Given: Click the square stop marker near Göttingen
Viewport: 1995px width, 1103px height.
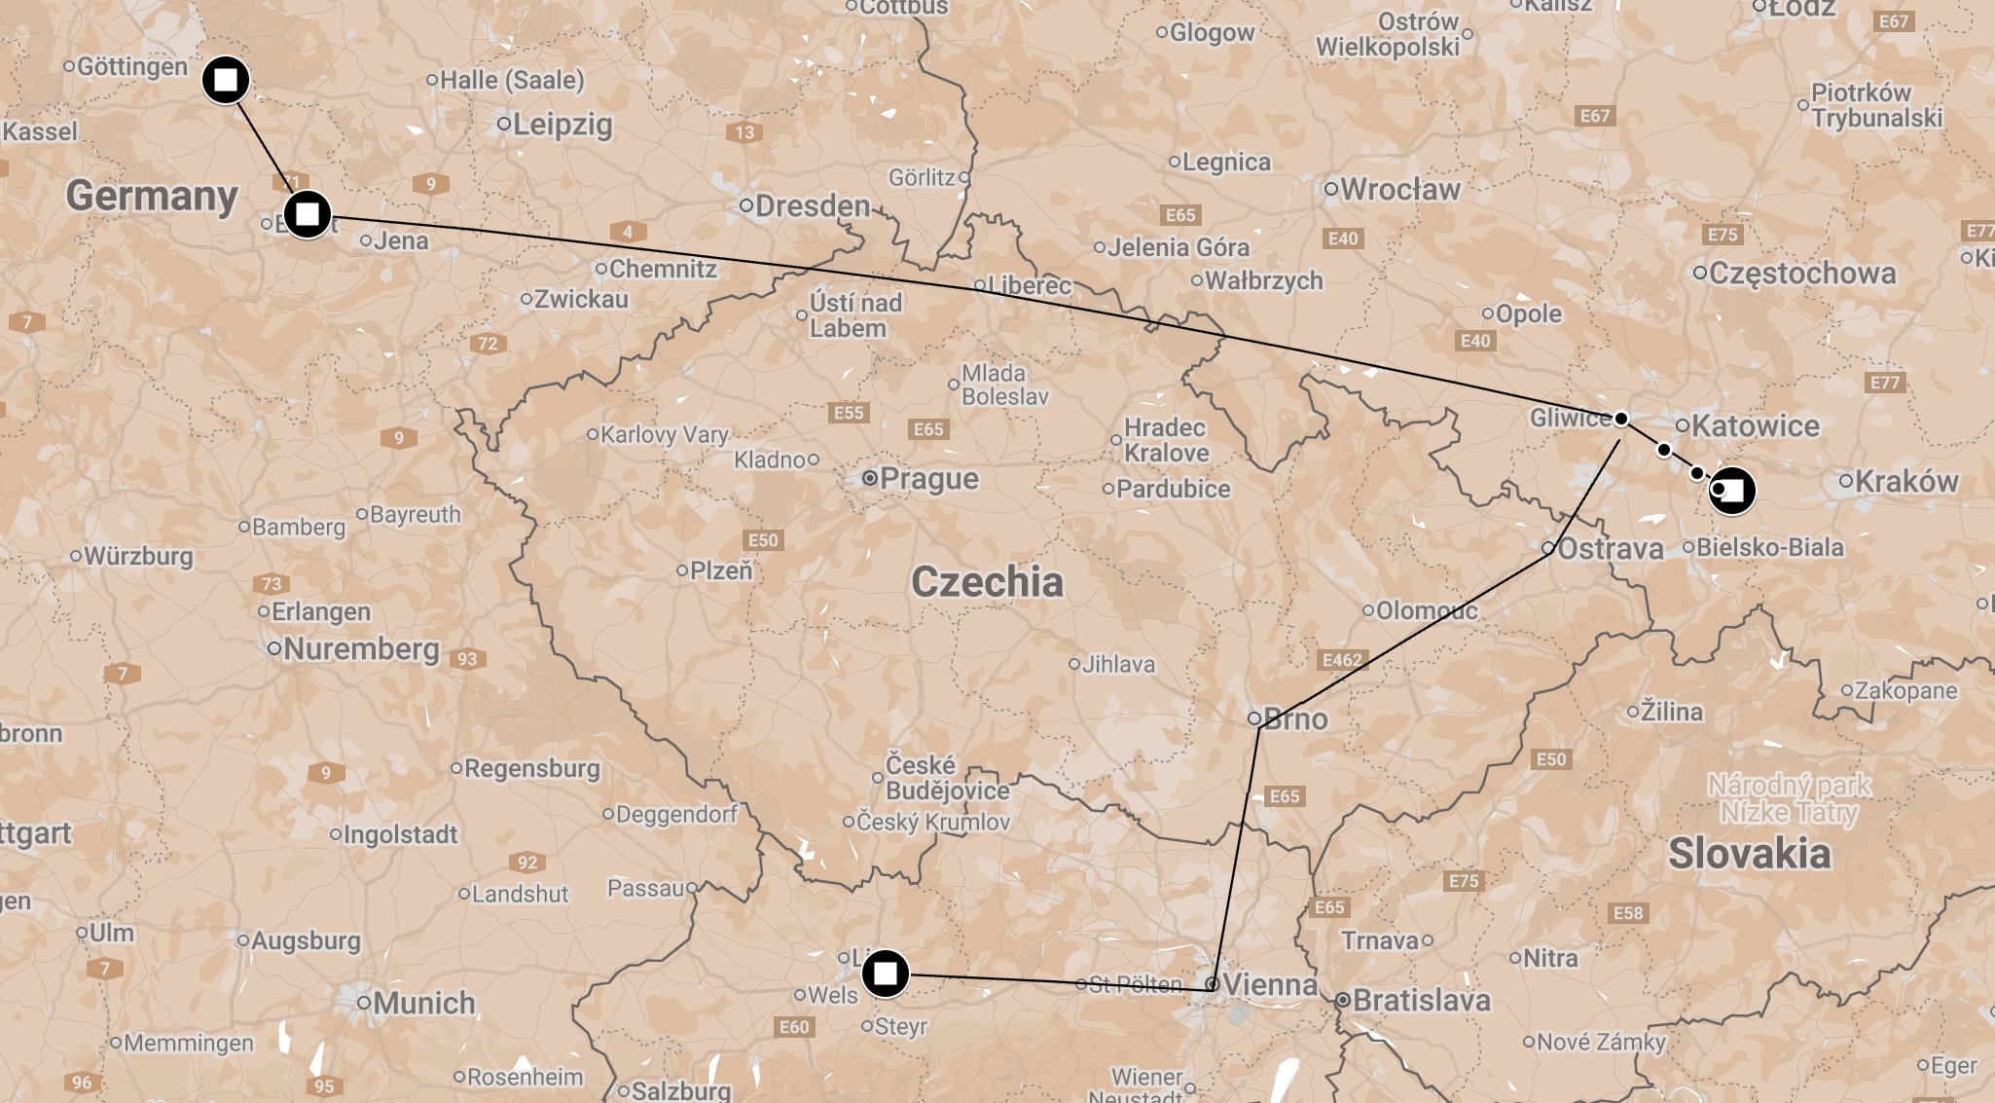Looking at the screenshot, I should [x=226, y=80].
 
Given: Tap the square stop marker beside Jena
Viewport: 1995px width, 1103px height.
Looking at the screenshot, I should [x=308, y=214].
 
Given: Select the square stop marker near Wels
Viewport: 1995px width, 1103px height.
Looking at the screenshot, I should [x=885, y=973].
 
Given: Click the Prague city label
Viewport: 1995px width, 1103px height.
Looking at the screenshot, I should [x=928, y=479].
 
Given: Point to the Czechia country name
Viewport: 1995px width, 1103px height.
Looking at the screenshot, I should [x=987, y=582].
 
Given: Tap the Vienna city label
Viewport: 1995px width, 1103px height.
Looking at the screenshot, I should [x=1269, y=985].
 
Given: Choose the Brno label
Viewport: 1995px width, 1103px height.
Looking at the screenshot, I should [x=1295, y=719].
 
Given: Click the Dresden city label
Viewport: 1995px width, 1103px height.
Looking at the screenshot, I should [x=813, y=206].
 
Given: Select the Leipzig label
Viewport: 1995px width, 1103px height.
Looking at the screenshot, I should [x=562, y=125].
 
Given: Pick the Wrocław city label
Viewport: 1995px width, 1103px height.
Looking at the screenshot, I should [x=1400, y=190].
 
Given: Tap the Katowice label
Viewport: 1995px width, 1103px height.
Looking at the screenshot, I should [x=1755, y=426].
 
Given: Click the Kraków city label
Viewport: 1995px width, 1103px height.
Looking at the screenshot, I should [x=1905, y=482].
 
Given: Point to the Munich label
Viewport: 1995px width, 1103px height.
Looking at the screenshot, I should [x=423, y=1003].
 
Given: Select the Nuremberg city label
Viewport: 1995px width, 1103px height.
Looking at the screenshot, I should [x=361, y=649].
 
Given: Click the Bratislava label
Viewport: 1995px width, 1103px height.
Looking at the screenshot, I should [x=1421, y=1000].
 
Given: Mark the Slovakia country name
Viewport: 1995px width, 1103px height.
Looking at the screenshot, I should [x=1749, y=854].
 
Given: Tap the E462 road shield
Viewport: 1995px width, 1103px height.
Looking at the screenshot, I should [x=1342, y=660].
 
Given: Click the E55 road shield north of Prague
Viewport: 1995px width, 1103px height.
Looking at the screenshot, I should [x=849, y=413].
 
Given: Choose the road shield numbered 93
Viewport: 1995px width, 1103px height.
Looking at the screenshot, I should [x=468, y=659].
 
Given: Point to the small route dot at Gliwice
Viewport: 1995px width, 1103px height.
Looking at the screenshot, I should [x=1620, y=419].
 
